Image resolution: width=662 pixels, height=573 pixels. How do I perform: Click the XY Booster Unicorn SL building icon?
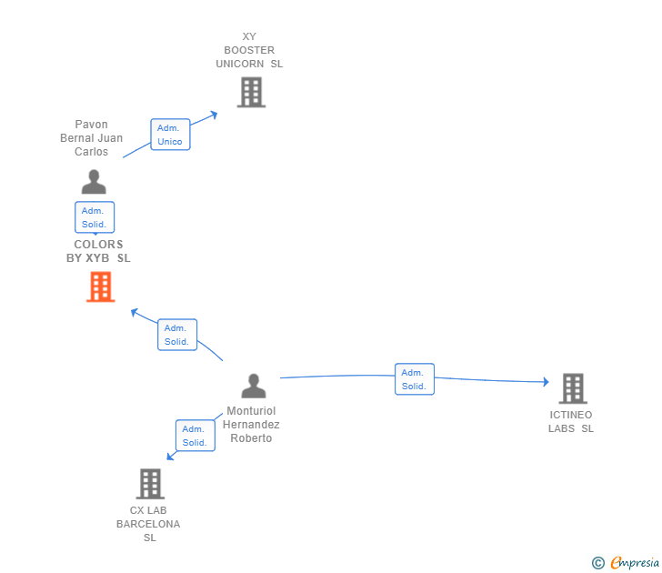[x=251, y=92]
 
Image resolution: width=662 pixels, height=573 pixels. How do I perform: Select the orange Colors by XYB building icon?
[x=100, y=286]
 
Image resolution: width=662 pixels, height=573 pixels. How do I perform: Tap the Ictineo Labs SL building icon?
[x=572, y=388]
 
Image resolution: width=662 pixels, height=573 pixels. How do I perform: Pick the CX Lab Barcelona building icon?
[x=150, y=484]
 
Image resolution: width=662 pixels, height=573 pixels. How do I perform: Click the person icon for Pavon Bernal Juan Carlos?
[x=94, y=182]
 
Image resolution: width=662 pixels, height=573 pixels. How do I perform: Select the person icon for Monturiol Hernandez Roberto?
[x=254, y=387]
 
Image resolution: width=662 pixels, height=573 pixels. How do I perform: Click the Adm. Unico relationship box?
[x=170, y=135]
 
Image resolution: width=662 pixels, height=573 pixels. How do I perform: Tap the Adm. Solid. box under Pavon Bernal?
[x=95, y=217]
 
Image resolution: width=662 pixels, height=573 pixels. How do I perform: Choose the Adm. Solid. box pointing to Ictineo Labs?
[x=415, y=379]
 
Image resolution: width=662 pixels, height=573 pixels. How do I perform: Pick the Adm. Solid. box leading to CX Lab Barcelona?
[x=195, y=436]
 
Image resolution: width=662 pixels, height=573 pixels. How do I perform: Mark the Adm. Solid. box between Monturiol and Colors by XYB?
[x=176, y=335]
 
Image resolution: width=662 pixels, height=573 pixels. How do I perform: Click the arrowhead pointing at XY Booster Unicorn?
[x=215, y=114]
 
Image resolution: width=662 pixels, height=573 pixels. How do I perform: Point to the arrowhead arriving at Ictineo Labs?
[x=546, y=382]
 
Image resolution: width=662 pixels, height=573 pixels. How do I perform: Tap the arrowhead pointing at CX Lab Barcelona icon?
[x=169, y=456]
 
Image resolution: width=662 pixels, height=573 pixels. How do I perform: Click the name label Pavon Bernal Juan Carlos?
[x=91, y=138]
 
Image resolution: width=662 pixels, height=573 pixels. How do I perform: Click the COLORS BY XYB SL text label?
[x=98, y=251]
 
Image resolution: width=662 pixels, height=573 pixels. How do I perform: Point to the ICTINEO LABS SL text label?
[x=570, y=422]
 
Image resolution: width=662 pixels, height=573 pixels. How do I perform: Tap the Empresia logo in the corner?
[x=635, y=563]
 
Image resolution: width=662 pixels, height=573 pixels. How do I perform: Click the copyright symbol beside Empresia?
[x=597, y=563]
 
